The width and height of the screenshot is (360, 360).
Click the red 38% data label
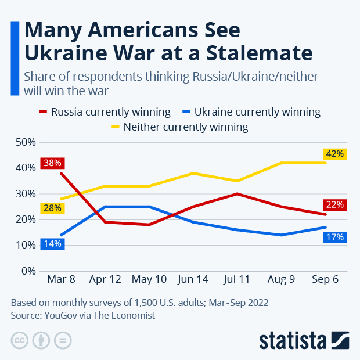coord(52,163)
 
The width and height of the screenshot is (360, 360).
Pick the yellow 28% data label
coord(52,208)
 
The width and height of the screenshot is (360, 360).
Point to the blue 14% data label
coord(52,244)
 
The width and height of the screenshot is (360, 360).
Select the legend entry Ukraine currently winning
coord(251,112)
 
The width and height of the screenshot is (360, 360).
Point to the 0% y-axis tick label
coord(28,271)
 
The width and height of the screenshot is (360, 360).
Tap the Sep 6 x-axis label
coord(326,279)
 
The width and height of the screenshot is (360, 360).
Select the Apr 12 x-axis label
coord(105,279)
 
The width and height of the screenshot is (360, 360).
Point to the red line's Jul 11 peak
coord(237,194)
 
